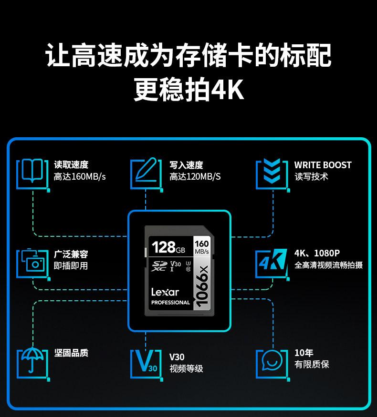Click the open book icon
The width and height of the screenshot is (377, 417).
pos(32,173)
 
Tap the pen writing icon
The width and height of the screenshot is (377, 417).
pos(146,173)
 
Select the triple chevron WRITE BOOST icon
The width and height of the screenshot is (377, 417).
pos(272,173)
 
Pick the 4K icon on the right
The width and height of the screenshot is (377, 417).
pos(272,262)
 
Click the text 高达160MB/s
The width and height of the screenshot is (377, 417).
pos(80,177)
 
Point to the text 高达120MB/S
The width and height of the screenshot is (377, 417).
pos(195,177)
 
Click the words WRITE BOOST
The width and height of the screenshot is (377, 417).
pos(323,165)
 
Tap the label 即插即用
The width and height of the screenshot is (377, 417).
pos(71,266)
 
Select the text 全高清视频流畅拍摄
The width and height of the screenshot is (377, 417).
pos(328,265)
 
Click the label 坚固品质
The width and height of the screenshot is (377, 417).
pos(71,353)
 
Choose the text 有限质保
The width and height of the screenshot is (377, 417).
pos(312,365)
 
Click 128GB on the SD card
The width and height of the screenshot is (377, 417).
pos(168,248)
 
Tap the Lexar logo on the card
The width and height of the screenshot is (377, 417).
pos(165,292)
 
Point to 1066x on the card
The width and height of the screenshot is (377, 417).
pos(202,286)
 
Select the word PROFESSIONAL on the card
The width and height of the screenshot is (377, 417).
pos(170,303)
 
